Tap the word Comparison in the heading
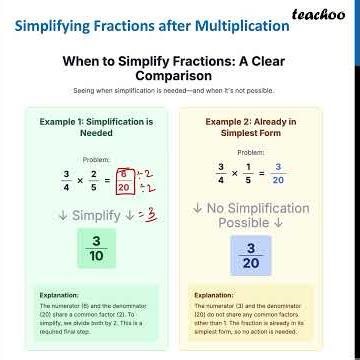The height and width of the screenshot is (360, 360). coord(180,75)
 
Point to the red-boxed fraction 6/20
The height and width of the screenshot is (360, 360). coord(124,180)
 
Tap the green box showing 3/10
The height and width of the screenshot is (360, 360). coord(97,249)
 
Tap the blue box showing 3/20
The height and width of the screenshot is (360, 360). coord(251,256)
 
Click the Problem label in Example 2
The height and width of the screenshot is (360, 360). coord(251,152)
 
